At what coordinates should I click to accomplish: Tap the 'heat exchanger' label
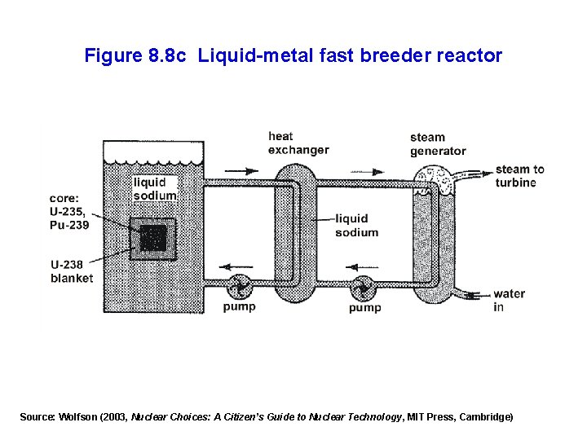point(298,143)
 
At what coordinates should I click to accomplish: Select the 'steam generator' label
point(438,143)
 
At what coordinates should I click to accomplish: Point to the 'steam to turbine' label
point(519,175)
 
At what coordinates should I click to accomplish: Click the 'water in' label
point(509,300)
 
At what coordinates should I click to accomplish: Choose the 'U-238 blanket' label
point(72,271)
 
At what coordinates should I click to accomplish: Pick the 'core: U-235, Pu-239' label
point(68,211)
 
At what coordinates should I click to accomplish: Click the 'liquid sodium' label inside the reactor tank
point(155,189)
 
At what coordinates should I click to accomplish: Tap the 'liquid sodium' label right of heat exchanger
point(356,225)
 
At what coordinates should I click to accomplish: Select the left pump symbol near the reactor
point(240,287)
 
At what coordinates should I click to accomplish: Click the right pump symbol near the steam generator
point(363,288)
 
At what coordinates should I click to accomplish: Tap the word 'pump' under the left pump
point(240,307)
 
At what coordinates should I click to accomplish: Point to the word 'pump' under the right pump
point(364,308)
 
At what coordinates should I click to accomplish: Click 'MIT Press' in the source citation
point(430,416)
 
